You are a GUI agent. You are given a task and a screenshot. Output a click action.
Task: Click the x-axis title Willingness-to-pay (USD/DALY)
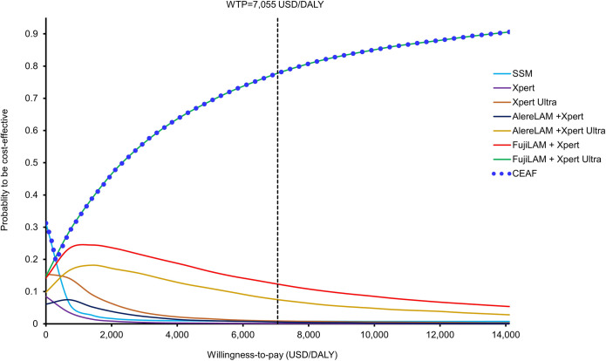click(276, 353)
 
